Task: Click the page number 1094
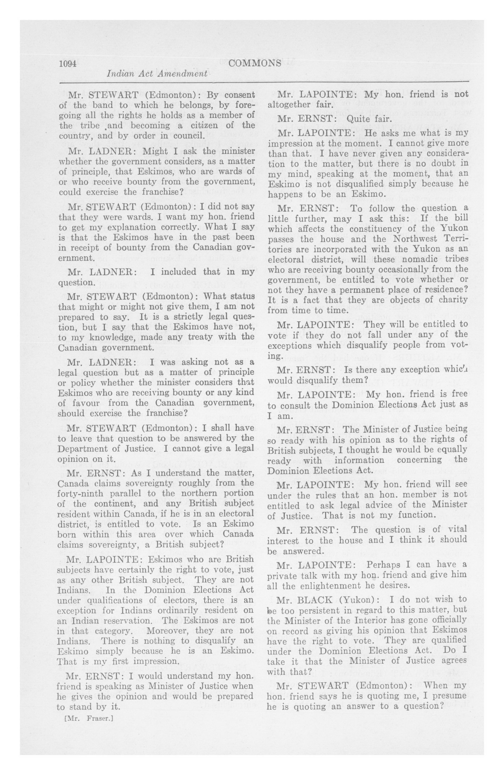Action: coord(67,63)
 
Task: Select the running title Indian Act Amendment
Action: coord(157,74)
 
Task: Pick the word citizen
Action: coord(221,125)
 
